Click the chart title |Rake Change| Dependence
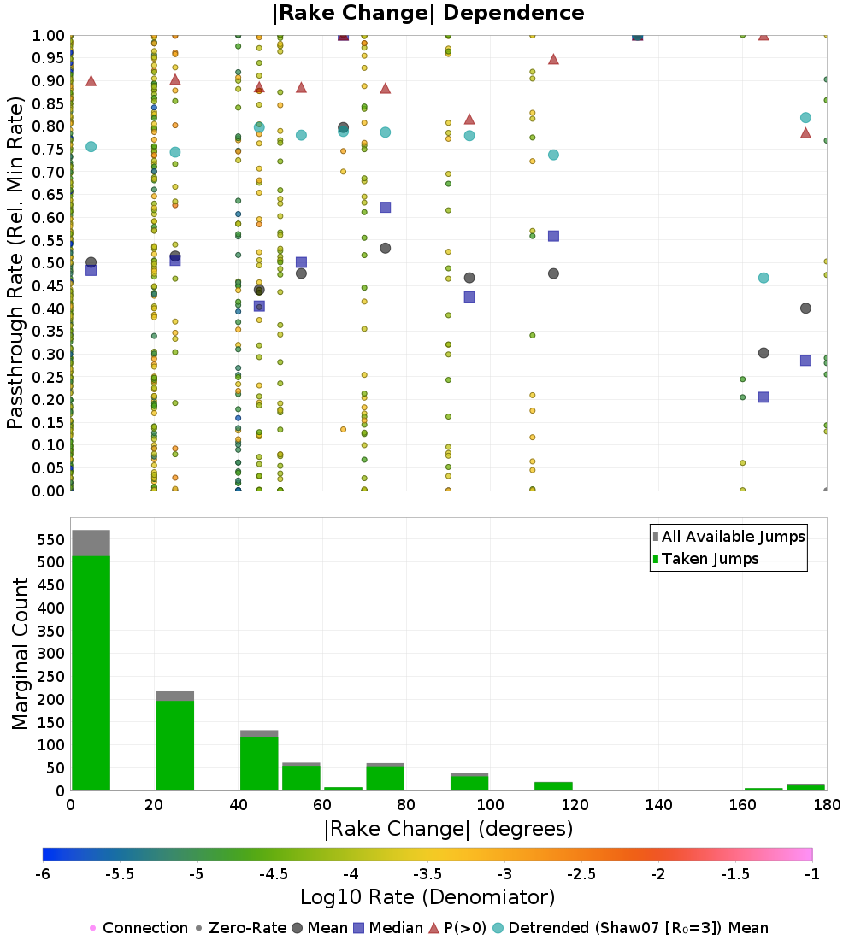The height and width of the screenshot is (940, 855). tap(427, 13)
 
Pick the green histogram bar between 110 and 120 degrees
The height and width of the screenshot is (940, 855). tap(552, 786)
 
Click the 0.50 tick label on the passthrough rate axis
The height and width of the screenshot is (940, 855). tap(48, 263)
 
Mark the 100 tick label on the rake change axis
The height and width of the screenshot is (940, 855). tap(490, 804)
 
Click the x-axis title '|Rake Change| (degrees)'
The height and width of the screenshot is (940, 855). tap(448, 829)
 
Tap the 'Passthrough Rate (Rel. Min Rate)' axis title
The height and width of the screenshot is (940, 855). tap(16, 263)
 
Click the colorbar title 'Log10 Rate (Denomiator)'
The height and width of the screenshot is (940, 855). tap(427, 897)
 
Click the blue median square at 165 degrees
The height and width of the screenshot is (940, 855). tap(764, 397)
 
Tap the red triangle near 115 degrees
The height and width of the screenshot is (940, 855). tap(553, 59)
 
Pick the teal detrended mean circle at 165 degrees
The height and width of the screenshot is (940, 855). tap(764, 278)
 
